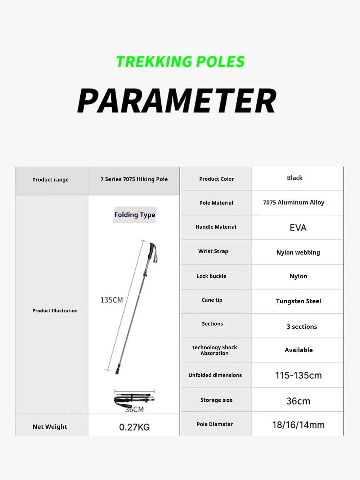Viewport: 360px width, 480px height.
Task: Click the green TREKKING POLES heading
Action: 180,62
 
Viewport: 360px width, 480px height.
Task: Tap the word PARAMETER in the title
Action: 177,101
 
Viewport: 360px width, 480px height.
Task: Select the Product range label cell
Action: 50,180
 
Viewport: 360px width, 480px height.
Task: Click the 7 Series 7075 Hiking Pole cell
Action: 134,179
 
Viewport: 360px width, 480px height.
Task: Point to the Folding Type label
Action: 135,215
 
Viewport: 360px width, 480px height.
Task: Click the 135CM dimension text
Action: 112,300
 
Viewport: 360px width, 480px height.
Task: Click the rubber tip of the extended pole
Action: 118,369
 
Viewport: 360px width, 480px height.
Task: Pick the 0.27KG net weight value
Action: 134,427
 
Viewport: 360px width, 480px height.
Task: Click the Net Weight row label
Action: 50,427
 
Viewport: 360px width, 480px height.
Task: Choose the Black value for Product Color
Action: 294,178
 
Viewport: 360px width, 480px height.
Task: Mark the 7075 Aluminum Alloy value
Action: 293,202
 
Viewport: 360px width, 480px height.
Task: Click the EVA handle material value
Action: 298,228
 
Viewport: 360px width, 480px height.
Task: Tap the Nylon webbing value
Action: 298,252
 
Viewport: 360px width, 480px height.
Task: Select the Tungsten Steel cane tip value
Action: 298,301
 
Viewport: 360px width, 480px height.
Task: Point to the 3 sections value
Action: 302,327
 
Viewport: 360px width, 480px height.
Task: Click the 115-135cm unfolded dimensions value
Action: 298,376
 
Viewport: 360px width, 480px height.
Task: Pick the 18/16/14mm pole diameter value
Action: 298,425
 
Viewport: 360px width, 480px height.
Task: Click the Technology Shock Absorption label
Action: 215,350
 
